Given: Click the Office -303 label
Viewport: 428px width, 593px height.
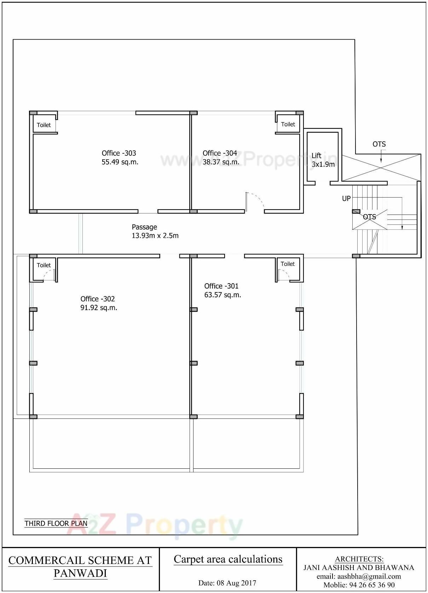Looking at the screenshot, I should [x=119, y=153].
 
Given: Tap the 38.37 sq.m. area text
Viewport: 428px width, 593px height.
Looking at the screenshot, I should [x=221, y=162].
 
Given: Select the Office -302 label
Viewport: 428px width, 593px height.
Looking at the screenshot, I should [x=98, y=299].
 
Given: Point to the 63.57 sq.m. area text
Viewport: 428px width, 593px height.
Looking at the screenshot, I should [x=222, y=295].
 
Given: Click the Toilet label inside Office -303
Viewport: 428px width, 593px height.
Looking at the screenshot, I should [x=44, y=125].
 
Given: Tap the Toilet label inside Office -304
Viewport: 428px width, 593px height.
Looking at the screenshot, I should [x=288, y=124].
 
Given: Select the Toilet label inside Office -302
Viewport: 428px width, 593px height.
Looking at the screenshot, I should [x=44, y=265].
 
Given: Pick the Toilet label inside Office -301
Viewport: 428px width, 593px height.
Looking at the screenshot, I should [x=288, y=264].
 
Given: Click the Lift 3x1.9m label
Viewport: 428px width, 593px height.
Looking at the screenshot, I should [x=323, y=160].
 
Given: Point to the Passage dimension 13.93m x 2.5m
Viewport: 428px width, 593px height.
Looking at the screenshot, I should [x=155, y=236].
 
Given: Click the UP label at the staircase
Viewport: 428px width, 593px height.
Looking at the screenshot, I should [x=346, y=199].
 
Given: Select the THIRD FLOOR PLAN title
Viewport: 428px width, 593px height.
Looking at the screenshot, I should [x=56, y=523].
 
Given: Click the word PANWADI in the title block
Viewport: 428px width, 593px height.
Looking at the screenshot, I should [x=80, y=573].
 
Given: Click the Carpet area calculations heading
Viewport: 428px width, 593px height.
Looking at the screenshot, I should [x=228, y=559].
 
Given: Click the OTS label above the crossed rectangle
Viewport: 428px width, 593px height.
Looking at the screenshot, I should [x=379, y=144].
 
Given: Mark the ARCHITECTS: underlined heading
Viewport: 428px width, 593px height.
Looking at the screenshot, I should [x=359, y=559].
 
